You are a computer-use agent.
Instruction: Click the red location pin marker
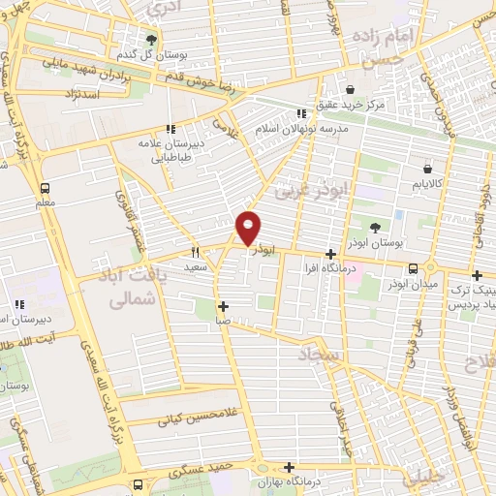coord(249,228)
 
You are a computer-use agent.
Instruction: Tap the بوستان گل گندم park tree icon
coord(151,40)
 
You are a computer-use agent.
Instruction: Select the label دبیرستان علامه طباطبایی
coord(170,146)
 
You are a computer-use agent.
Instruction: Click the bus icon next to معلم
coord(46,189)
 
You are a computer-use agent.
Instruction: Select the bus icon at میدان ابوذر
coord(414,268)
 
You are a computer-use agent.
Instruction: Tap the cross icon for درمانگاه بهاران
coord(288,466)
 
